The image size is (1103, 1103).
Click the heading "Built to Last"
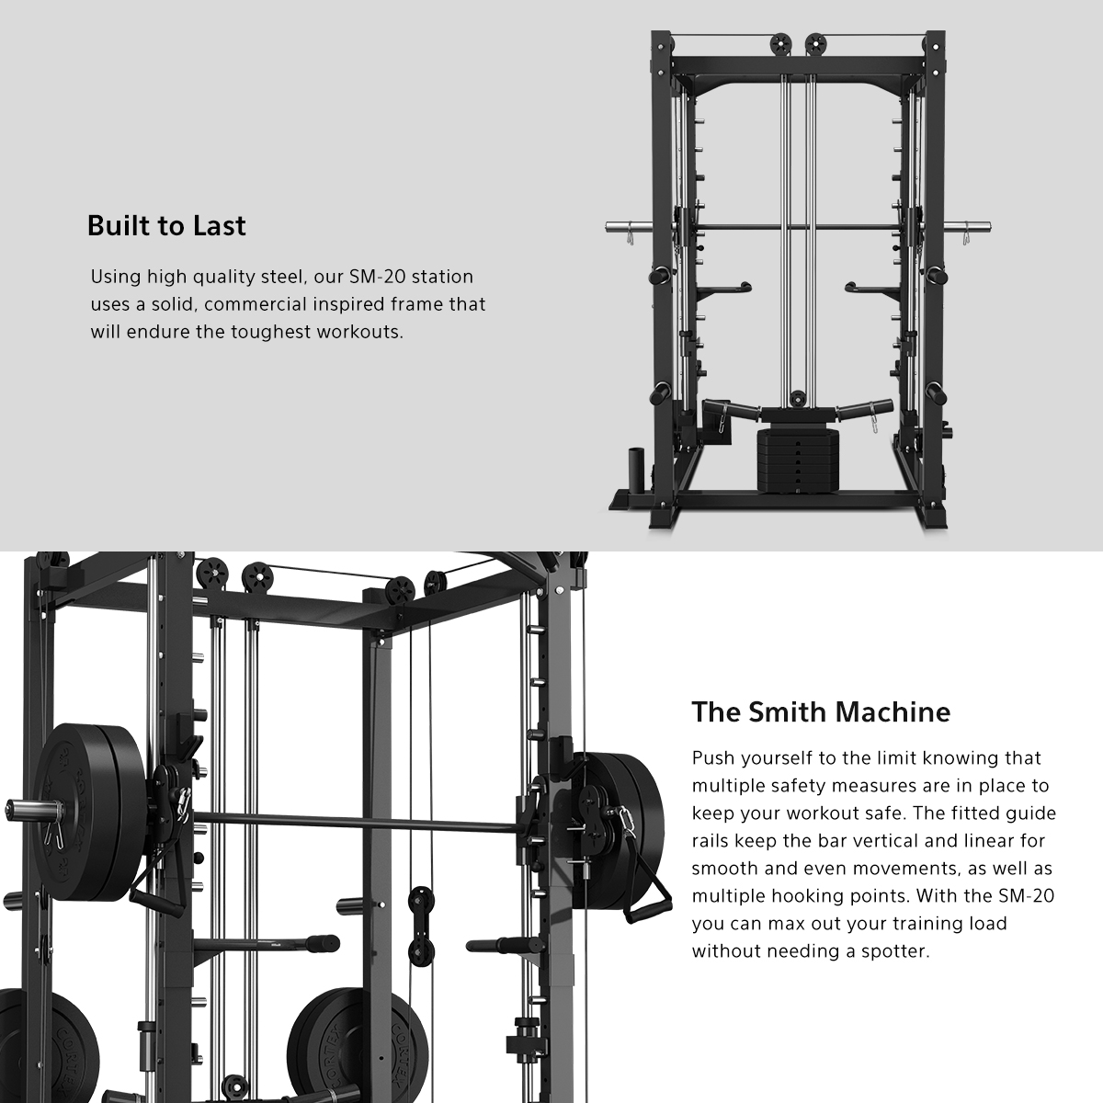click(166, 225)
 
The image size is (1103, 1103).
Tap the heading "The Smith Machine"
click(821, 712)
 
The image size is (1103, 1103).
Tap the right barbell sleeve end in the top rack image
click(987, 227)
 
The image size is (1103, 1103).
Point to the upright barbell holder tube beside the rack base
click(636, 470)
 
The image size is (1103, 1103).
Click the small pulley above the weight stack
click(797, 398)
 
